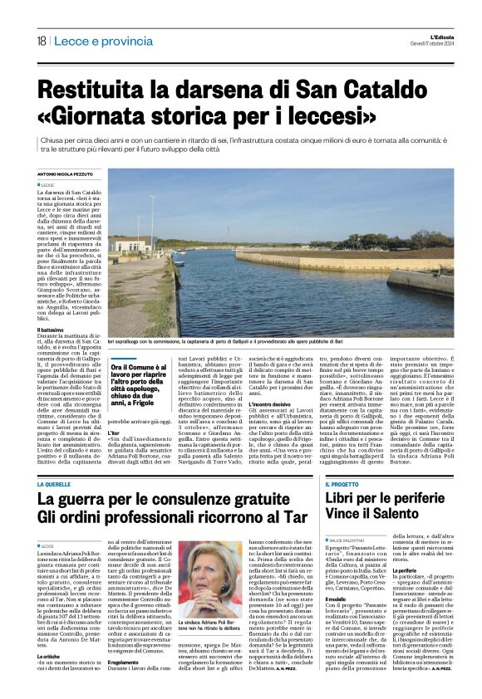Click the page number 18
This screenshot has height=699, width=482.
pos(41,42)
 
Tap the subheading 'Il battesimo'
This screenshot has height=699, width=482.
pos(51,330)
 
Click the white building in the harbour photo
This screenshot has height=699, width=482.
pos(130,245)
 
